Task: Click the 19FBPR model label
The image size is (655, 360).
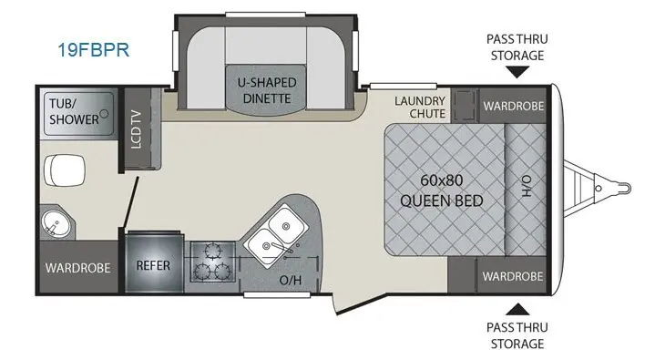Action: click(90, 49)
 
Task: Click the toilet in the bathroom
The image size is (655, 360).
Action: click(66, 167)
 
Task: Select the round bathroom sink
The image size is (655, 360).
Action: click(54, 221)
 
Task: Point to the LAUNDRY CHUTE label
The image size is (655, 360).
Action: click(420, 107)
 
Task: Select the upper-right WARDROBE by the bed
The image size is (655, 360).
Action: click(513, 106)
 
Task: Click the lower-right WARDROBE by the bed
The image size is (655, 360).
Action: click(513, 275)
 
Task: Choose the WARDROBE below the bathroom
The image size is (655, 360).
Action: click(78, 268)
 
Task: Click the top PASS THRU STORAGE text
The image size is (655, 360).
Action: click(515, 47)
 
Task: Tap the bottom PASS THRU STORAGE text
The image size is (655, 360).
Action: click(515, 334)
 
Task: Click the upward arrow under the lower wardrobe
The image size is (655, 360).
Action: click(516, 308)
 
